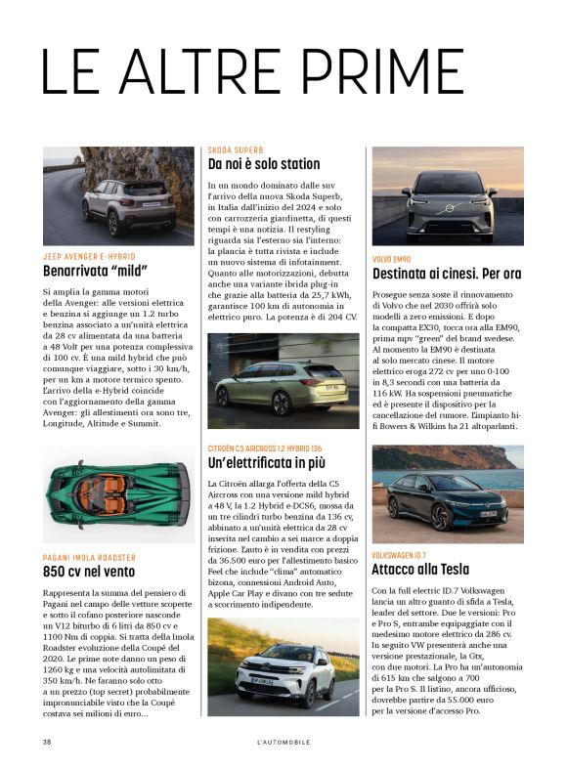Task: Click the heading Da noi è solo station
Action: tap(264, 164)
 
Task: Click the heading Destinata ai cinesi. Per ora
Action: tap(447, 274)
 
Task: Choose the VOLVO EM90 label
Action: tap(392, 259)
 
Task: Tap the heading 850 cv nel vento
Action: tap(89, 572)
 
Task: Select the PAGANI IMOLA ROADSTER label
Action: tap(95, 557)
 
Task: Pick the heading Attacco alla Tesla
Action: tap(420, 570)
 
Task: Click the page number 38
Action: tap(47, 743)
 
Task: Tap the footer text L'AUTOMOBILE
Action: tap(283, 743)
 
